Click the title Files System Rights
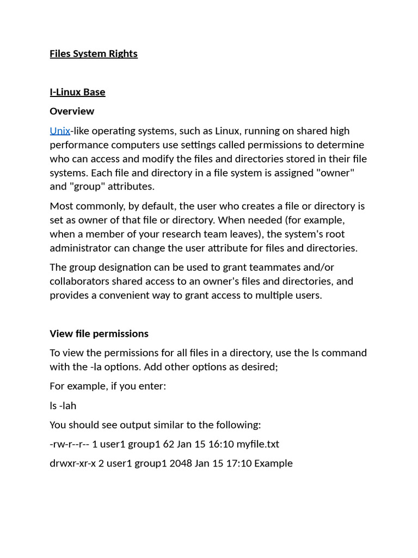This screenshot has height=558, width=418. pyautogui.click(x=94, y=53)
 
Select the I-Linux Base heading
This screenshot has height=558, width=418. pyautogui.click(x=77, y=92)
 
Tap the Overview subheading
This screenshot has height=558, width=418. pyautogui.click(x=72, y=111)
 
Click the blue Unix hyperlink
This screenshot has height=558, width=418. pyautogui.click(x=60, y=131)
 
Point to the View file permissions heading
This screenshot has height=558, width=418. pyautogui.click(x=99, y=333)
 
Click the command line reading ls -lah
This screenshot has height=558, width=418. pyautogui.click(x=63, y=405)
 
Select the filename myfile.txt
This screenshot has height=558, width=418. pyautogui.click(x=257, y=444)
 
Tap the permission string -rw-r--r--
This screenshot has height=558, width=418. pyautogui.click(x=69, y=444)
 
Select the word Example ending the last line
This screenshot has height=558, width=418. pyautogui.click(x=273, y=463)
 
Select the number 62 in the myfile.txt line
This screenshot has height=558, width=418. pyautogui.click(x=168, y=444)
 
